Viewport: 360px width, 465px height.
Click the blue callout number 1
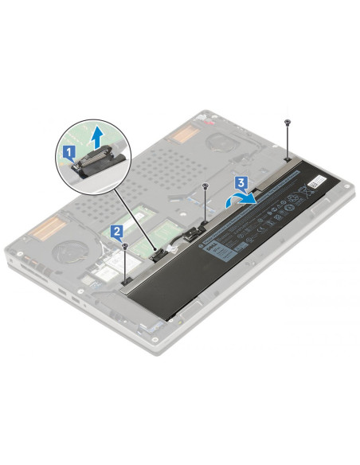69,149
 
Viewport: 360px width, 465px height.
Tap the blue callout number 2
117,232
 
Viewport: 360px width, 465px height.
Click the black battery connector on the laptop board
157,252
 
